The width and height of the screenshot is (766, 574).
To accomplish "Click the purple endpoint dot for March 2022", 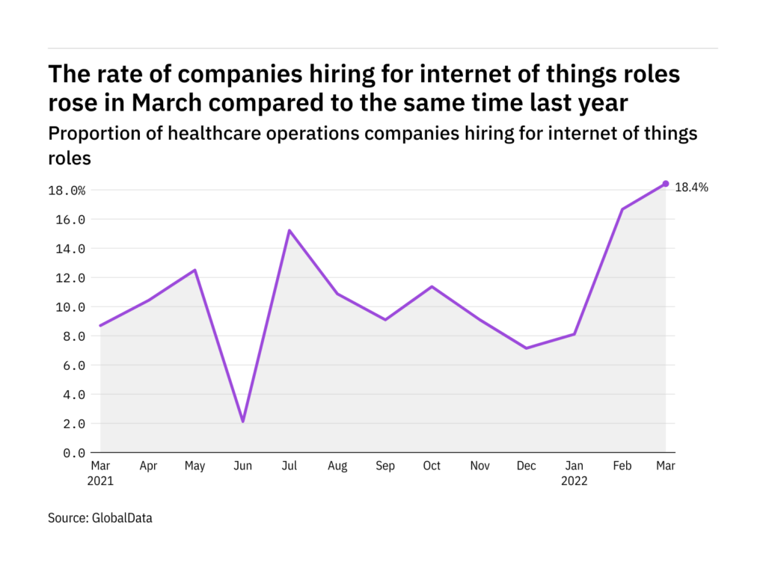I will coord(665,184).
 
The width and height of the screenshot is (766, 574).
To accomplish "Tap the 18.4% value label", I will coord(691,188).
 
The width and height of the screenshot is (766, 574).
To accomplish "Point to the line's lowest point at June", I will coord(242,422).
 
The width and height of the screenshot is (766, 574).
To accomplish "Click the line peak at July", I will coord(289,230).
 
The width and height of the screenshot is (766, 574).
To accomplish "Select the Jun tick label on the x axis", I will coord(242,466).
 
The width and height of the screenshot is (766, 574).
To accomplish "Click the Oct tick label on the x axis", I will coord(432,466).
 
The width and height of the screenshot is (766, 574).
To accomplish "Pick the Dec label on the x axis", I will coord(527,466).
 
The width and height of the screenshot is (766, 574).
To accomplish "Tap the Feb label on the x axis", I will coord(620,466).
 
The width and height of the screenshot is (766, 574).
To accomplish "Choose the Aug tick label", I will coord(337,466).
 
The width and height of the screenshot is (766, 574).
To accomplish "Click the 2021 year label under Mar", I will coord(100,481).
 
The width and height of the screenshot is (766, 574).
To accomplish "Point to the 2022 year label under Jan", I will coord(574,481).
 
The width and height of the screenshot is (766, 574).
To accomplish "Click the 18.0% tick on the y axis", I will coord(67,191).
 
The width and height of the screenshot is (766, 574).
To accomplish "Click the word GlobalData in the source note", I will coord(121,517).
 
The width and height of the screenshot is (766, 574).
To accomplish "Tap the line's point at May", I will coord(195,270).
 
